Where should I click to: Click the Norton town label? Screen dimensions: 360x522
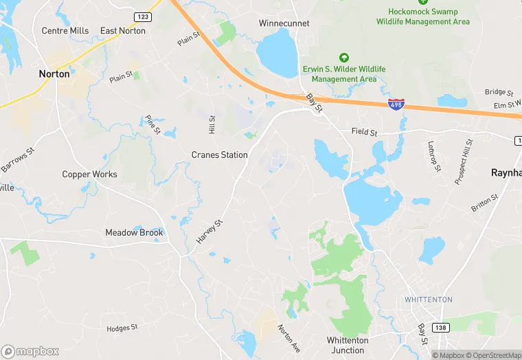click(54, 74)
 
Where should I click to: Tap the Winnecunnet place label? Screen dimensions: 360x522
click(284, 23)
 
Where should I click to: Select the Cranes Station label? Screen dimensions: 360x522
click(219, 155)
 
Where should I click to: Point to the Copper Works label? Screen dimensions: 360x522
click(89, 175)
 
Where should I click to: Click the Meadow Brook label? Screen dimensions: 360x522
click(134, 233)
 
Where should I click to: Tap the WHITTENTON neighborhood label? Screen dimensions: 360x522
click(429, 300)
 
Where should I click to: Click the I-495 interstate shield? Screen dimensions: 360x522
click(396, 105)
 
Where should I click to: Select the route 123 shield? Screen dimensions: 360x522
click(143, 16)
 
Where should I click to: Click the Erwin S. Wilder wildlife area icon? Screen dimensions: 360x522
click(344, 58)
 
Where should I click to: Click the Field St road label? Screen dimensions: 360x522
click(364, 131)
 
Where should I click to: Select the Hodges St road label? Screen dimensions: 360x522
click(122, 328)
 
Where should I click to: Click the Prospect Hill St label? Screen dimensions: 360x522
click(464, 162)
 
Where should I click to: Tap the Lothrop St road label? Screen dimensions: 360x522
click(433, 157)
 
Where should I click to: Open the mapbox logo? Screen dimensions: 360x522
click(30, 351)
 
